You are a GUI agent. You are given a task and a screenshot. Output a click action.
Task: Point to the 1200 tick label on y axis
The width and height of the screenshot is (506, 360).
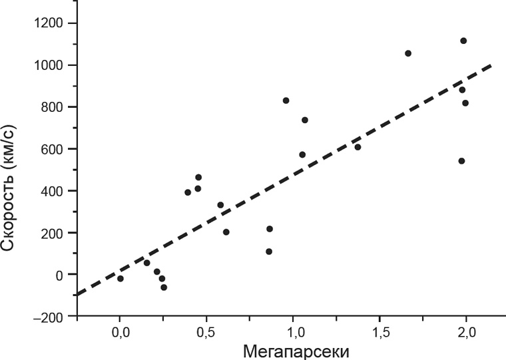[51, 24]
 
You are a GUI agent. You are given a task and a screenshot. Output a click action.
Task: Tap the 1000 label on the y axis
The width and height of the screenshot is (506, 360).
[51, 66]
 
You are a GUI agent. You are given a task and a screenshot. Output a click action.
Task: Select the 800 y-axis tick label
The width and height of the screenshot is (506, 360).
[54, 108]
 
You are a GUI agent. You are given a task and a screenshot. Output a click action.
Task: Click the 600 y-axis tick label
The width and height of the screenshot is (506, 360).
[54, 150]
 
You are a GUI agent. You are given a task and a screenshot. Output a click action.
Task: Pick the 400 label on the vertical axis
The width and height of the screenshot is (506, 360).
[54, 192]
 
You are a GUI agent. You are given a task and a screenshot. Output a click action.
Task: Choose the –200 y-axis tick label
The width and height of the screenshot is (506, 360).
[51, 317]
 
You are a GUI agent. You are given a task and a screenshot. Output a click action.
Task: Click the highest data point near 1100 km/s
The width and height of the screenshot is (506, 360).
[463, 41]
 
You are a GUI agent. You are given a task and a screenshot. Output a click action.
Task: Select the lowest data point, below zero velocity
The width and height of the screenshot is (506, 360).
[164, 287]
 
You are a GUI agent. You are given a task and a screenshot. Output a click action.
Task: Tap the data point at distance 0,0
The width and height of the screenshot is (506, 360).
[121, 279]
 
